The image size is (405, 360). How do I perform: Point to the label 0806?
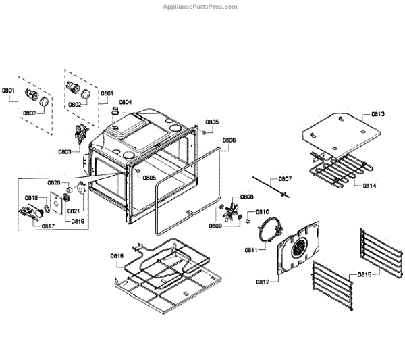tap(229, 140)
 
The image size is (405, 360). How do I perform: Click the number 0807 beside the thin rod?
tap(285, 179)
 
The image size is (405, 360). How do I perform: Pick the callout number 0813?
tap(378, 114)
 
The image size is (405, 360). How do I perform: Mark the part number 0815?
tap(364, 275)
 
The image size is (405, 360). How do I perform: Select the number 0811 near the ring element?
tap(251, 249)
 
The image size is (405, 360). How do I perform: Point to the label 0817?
tap(48, 226)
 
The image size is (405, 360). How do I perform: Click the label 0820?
tap(53, 183)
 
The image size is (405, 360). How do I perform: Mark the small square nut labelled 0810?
tap(248, 220)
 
